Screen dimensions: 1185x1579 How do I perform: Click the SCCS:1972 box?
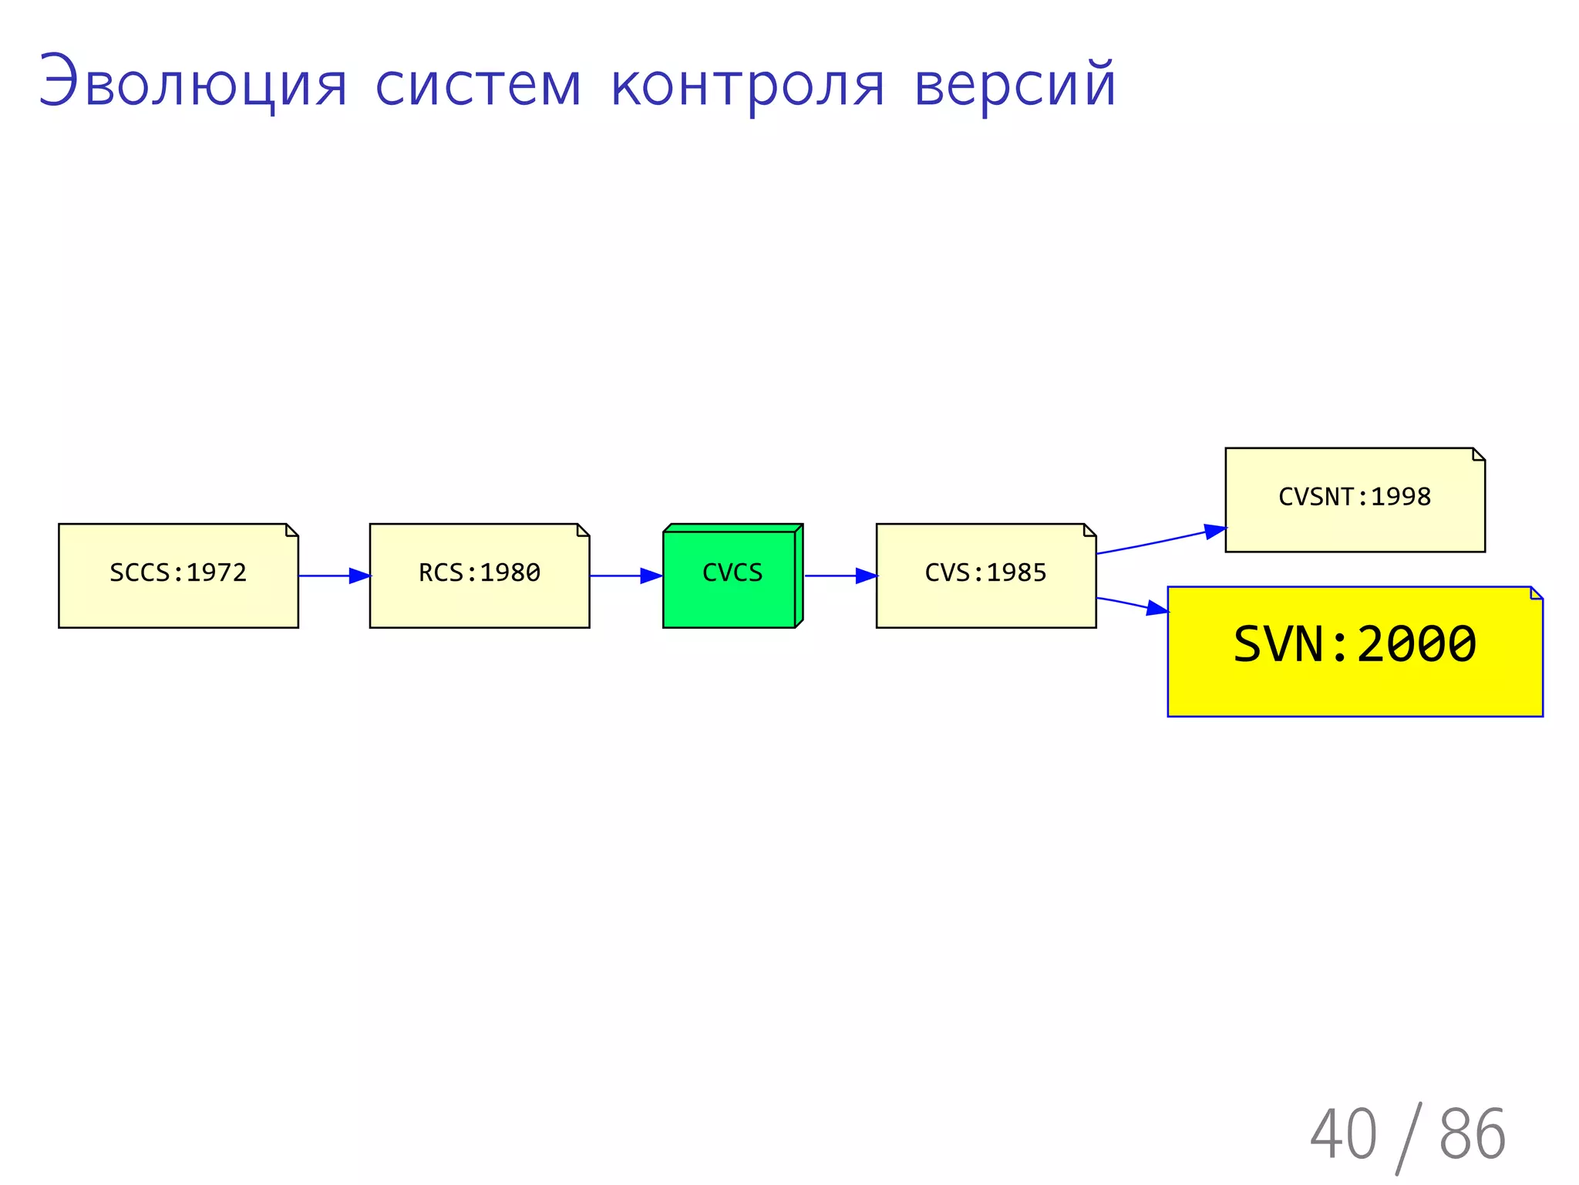point(178,576)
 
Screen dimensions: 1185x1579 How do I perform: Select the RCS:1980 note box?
point(479,576)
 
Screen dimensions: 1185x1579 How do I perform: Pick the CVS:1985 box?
point(985,576)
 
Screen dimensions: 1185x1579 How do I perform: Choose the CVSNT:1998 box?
point(1355,499)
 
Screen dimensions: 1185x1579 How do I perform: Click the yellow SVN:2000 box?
point(1355,652)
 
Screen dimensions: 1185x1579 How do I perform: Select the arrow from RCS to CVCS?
point(625,576)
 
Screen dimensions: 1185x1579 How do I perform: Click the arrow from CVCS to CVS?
point(840,576)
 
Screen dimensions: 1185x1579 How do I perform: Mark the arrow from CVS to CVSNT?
point(1160,540)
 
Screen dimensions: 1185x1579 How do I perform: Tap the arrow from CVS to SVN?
point(1132,605)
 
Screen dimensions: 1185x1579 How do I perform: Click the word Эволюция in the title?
point(193,83)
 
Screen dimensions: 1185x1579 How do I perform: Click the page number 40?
point(1343,1134)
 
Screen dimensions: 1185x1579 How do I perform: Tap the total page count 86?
point(1472,1134)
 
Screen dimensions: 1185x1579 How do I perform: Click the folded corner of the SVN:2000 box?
point(1537,592)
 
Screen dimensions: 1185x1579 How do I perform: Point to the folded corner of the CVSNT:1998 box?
point(1479,454)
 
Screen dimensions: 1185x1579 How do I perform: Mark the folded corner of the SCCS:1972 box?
point(292,529)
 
